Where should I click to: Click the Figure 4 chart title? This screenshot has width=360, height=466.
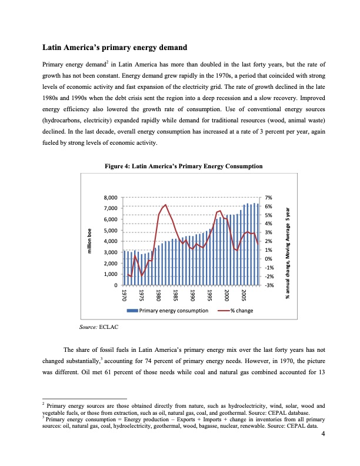tap(179, 167)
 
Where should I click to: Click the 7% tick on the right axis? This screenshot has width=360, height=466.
tap(268, 198)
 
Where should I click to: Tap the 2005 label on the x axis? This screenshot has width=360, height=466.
tap(244, 295)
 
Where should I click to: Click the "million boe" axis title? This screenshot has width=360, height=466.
tap(90, 242)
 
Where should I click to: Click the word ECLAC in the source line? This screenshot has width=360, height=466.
tap(109, 325)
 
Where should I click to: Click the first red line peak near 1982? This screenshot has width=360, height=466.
tap(166, 205)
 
